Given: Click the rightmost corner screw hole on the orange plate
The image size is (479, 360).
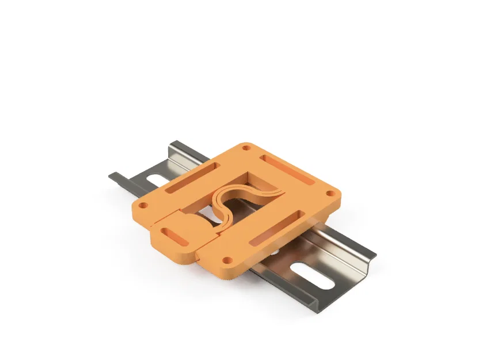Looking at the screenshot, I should pos(330,193).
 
